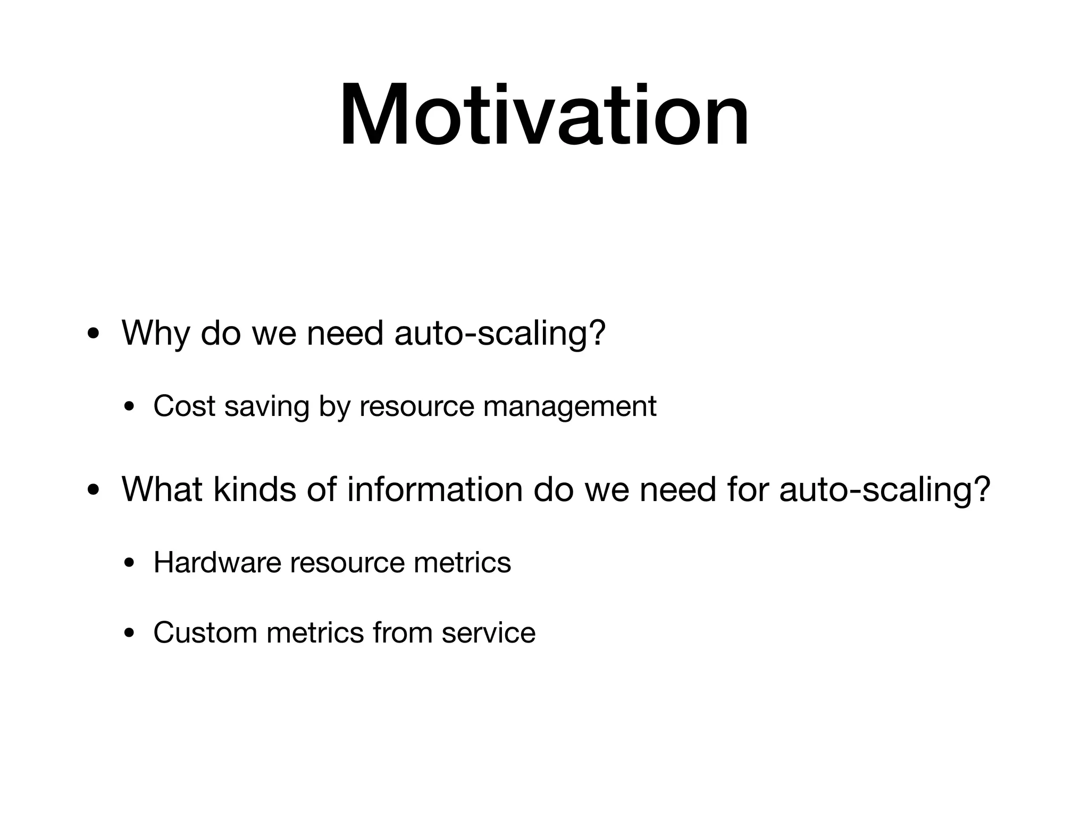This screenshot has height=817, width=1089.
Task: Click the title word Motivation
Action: (544, 114)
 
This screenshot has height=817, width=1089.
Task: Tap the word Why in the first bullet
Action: (155, 334)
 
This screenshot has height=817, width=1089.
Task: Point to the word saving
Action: (267, 407)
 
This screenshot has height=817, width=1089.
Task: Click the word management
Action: (570, 407)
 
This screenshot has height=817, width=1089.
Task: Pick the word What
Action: (162, 489)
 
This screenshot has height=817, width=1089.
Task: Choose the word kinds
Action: (255, 489)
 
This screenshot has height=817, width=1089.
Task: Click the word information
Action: (435, 489)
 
